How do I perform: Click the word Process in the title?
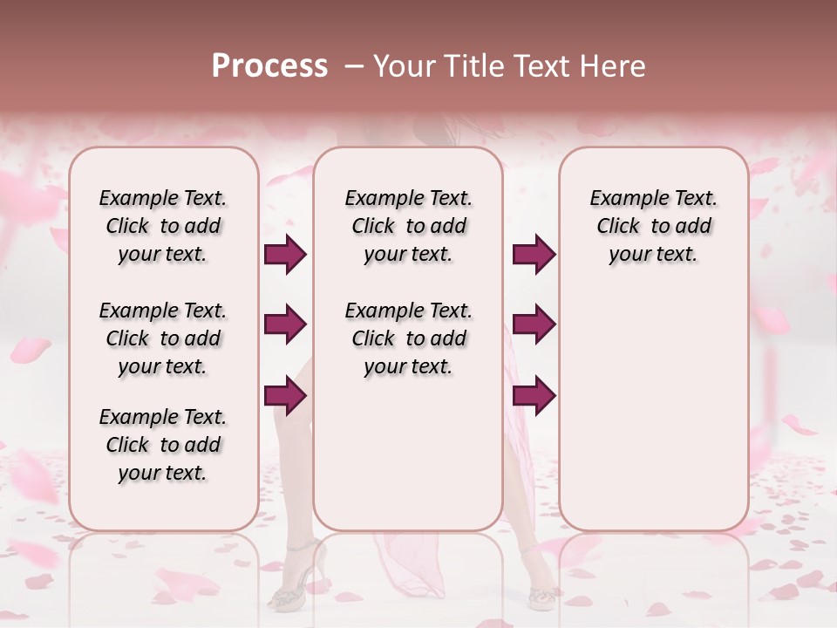point(269,66)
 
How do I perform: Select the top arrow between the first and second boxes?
point(285,255)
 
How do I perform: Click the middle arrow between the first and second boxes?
point(285,325)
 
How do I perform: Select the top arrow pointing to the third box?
point(534,255)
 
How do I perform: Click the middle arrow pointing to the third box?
point(534,325)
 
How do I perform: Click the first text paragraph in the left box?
point(163,226)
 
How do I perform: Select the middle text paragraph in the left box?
point(163,338)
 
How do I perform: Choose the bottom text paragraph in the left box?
point(163,445)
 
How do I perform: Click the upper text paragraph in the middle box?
point(408,226)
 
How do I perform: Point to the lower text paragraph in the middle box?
point(408,338)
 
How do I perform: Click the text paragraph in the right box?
point(653,226)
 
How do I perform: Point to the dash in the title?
point(353,66)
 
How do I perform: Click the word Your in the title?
point(404,66)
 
